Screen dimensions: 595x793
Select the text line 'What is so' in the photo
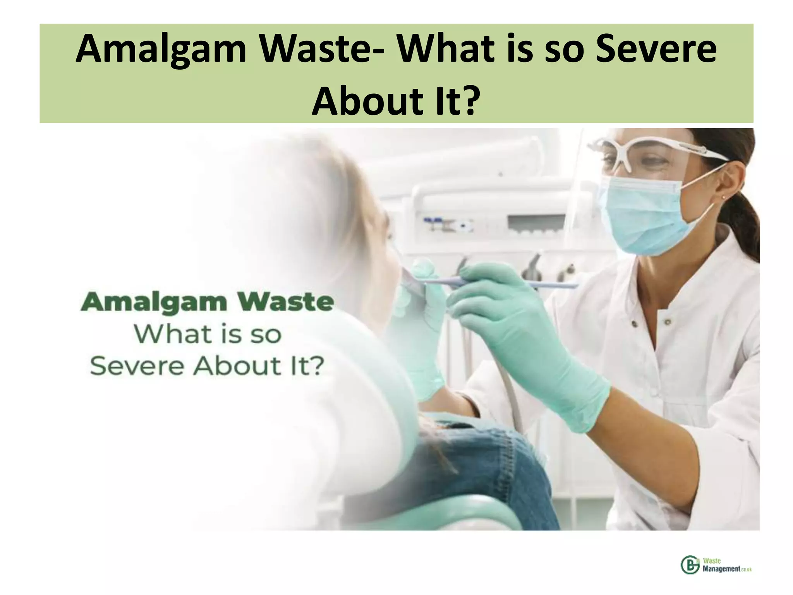208,334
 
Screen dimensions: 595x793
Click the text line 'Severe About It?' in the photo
206,366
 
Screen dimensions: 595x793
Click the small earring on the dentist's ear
723,197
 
